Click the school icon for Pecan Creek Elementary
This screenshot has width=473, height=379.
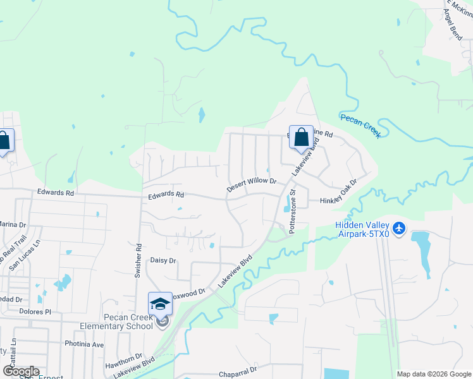point(160,304)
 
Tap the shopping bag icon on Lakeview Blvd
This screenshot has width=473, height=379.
point(302,137)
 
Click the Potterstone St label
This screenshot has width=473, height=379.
point(293,211)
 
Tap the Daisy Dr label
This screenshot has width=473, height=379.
point(163,260)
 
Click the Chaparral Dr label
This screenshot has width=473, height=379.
point(238,373)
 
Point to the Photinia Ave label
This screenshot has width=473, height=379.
point(84,344)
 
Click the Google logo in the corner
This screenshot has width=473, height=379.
point(20,371)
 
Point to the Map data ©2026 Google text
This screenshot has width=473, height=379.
point(433,374)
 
